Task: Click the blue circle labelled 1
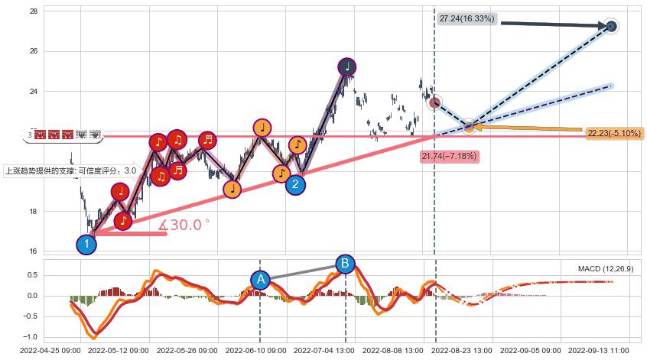click(86, 245)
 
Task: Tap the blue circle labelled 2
click(296, 183)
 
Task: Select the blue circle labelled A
click(260, 279)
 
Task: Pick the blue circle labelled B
click(345, 264)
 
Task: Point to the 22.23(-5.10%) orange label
click(614, 134)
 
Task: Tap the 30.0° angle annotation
click(184, 225)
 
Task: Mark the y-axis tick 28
click(34, 11)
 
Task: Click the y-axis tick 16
click(34, 251)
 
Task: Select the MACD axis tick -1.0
click(31, 337)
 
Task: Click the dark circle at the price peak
click(347, 66)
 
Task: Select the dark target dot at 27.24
click(611, 27)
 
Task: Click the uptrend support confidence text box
click(71, 171)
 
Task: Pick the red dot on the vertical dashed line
click(434, 102)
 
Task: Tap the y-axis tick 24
click(34, 92)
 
